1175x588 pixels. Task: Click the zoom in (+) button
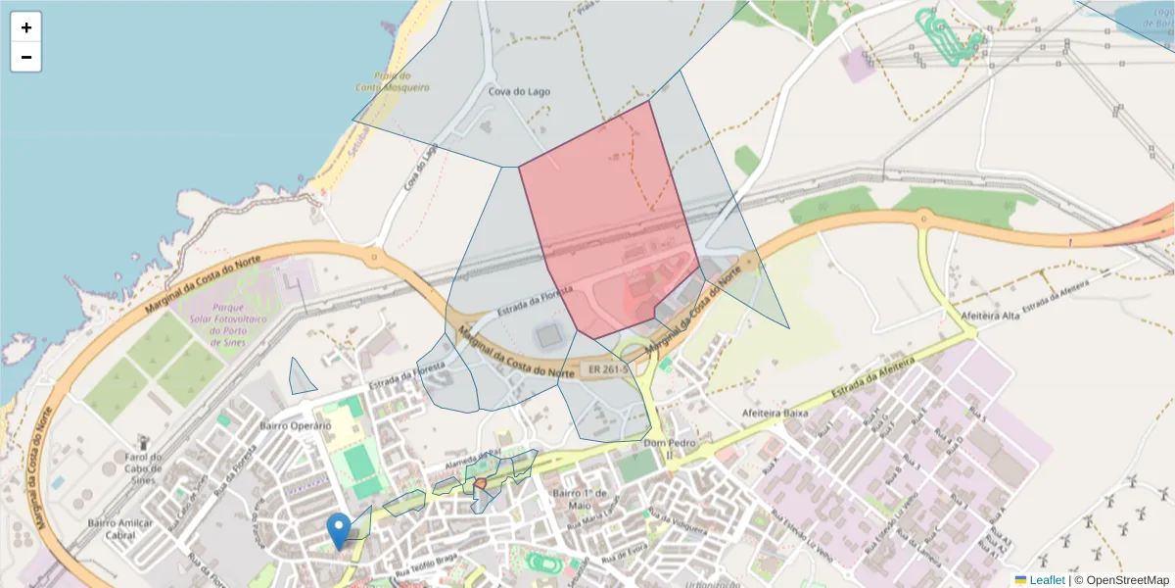(x=26, y=27)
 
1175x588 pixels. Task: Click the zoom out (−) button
(x=26, y=57)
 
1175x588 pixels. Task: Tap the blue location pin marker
(x=339, y=530)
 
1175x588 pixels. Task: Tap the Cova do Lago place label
(x=519, y=92)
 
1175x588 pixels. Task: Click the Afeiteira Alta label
(x=992, y=317)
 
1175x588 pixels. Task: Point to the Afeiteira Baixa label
(x=775, y=413)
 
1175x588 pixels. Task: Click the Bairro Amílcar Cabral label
(x=120, y=529)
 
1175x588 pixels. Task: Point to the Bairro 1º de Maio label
(x=581, y=498)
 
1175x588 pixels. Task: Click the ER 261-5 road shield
(x=608, y=370)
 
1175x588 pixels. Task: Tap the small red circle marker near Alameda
(x=480, y=484)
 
